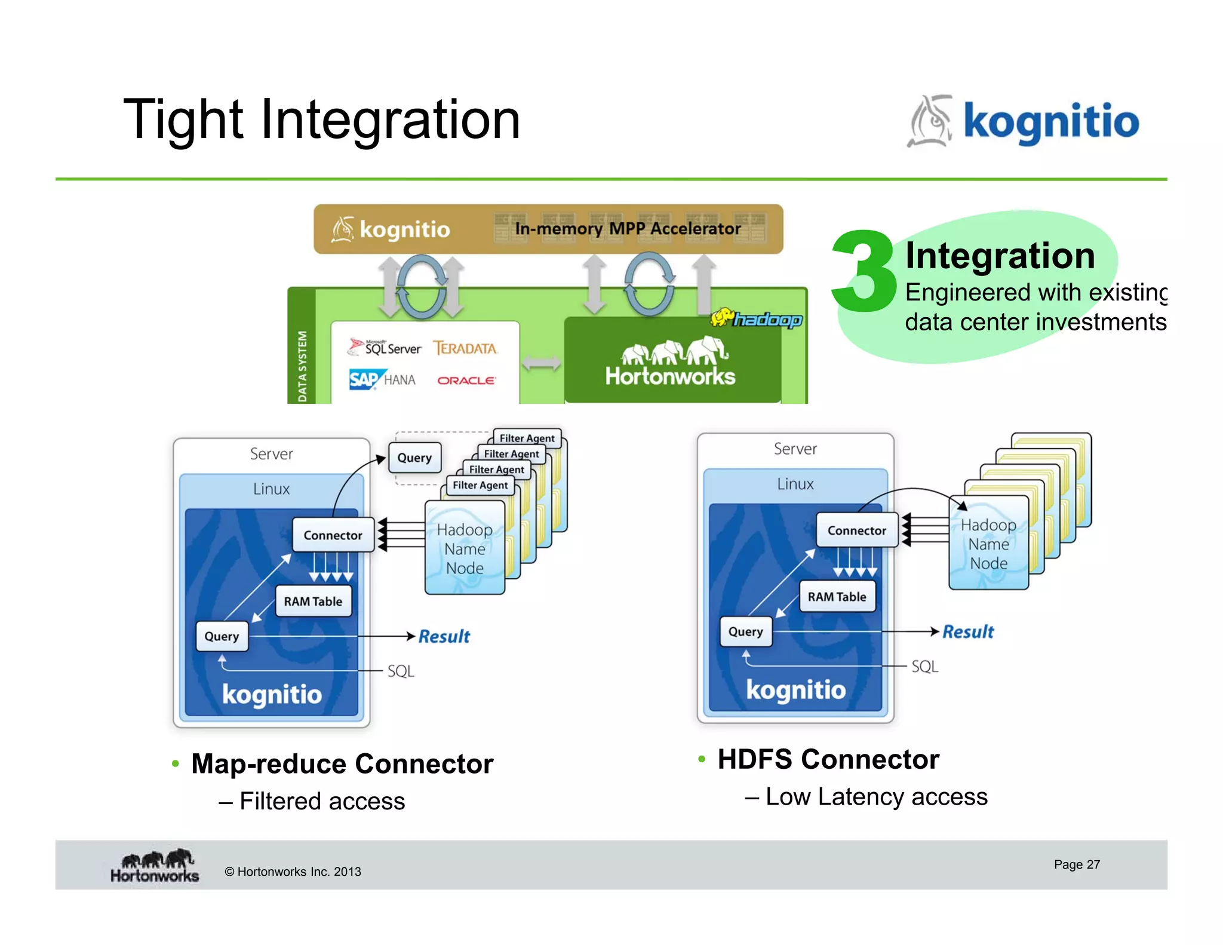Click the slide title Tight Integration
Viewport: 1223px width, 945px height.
click(x=321, y=120)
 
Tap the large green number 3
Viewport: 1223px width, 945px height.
click(x=864, y=272)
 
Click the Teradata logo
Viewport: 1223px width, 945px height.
click(x=465, y=348)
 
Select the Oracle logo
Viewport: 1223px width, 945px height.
click(x=466, y=381)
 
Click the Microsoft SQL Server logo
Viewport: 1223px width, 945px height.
click(x=385, y=347)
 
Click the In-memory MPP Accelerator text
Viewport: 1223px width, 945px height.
click(x=627, y=229)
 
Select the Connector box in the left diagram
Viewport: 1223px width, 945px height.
click(x=333, y=535)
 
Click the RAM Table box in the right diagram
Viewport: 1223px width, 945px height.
click(x=837, y=597)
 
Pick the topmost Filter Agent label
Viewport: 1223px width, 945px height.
click(x=527, y=438)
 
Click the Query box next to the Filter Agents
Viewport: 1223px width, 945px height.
click(x=414, y=458)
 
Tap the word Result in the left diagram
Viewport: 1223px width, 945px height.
click(x=444, y=636)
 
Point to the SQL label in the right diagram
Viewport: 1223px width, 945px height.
click(x=924, y=667)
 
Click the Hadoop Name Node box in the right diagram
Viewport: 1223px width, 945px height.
click(x=988, y=544)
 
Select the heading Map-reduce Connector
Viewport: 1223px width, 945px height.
click(x=342, y=764)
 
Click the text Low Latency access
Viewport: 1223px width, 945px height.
click(x=876, y=797)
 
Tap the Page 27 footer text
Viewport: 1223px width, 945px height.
click(x=1076, y=864)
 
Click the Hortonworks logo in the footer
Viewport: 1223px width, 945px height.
click(x=155, y=866)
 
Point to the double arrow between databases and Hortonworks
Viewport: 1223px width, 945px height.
click(x=541, y=363)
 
